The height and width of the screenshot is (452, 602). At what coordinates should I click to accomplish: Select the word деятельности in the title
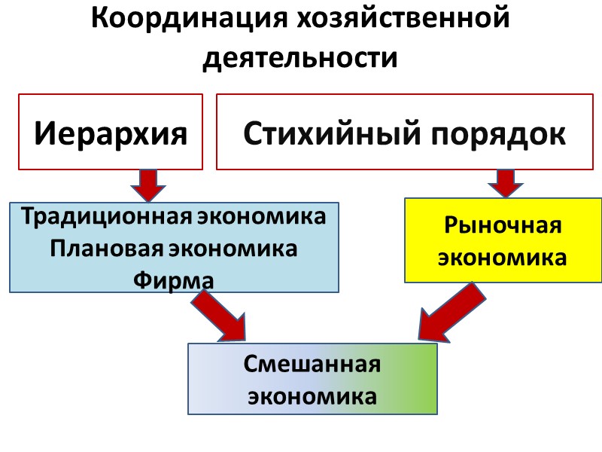point(300,57)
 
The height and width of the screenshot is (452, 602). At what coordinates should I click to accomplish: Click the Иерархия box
point(111,132)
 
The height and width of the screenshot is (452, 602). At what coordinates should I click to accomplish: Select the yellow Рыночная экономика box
point(503,240)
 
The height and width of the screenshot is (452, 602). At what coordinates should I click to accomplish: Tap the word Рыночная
point(503,225)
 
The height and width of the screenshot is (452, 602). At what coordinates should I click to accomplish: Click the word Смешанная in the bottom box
point(312,365)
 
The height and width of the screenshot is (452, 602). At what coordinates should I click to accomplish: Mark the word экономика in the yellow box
point(503,258)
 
